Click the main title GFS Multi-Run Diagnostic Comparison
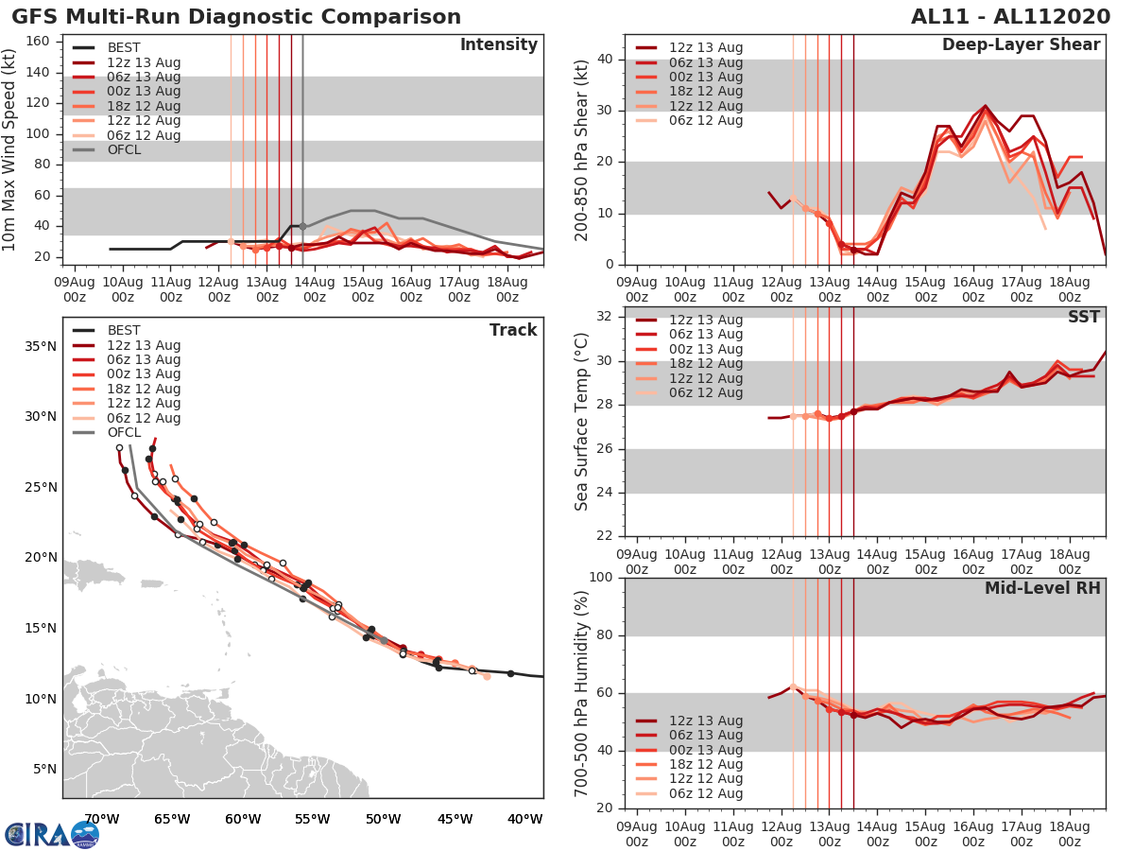click(236, 17)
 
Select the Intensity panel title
click(498, 45)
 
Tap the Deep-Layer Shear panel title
click(1021, 45)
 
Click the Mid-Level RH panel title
click(1042, 588)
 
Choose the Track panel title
click(513, 330)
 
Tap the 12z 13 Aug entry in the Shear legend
click(705, 47)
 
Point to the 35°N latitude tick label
click(39, 346)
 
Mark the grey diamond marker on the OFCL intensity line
click(302, 226)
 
